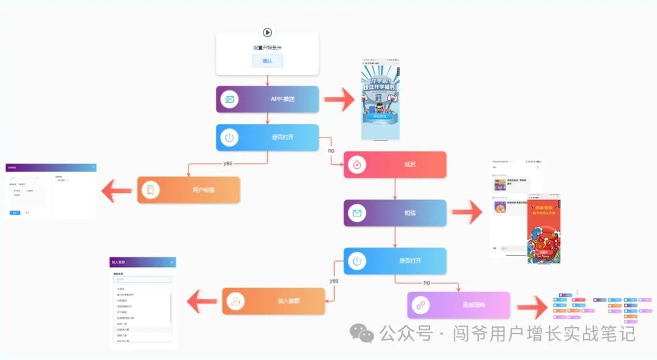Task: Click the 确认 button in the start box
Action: tap(267, 61)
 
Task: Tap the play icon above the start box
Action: tap(266, 33)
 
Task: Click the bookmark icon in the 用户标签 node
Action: tap(150, 190)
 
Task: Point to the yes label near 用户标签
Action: tap(228, 163)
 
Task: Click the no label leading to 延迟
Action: tap(331, 150)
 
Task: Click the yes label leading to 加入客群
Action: tap(334, 281)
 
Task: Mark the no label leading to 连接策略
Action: tap(426, 283)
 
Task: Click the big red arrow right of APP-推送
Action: tap(339, 99)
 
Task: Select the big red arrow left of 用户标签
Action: tap(117, 190)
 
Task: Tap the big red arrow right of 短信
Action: tap(467, 213)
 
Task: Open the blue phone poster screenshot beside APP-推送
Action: tap(381, 100)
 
